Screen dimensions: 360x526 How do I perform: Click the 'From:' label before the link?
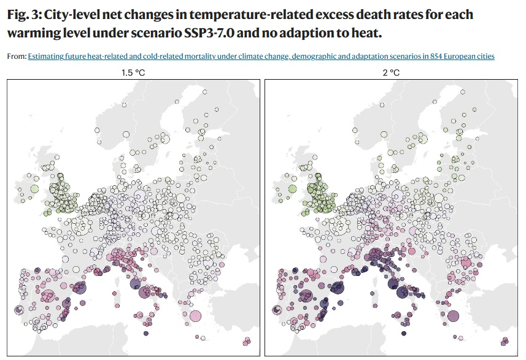tap(17, 56)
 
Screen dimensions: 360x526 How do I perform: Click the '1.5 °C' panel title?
tap(134, 73)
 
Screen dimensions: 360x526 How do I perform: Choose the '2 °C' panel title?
tap(392, 73)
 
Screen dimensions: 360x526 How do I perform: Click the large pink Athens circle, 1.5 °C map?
tap(195, 316)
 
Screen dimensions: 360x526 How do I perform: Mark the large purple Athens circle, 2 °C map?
tap(453, 316)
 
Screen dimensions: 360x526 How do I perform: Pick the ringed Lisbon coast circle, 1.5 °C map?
tap(18, 310)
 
